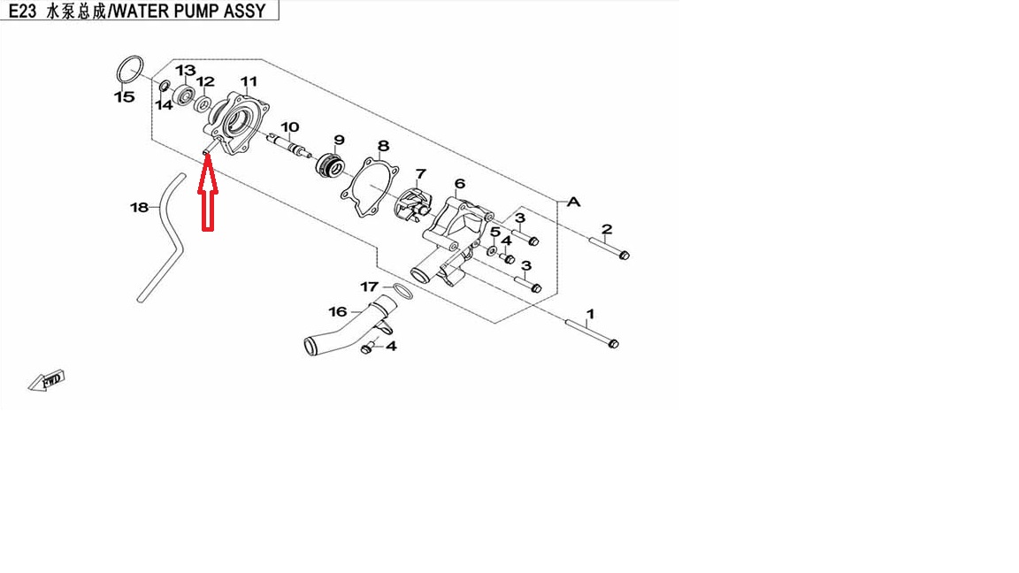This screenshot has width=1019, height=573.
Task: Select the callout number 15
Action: [x=124, y=96]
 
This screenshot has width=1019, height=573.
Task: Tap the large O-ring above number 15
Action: [x=129, y=69]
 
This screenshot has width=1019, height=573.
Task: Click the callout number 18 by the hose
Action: [x=139, y=208]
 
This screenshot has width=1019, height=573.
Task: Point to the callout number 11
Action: [x=249, y=81]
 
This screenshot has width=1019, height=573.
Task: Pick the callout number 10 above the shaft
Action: [x=289, y=127]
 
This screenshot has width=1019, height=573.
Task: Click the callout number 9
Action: [x=339, y=140]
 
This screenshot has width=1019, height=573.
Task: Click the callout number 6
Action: [x=460, y=184]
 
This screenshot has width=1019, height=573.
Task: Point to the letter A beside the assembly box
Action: [x=573, y=202]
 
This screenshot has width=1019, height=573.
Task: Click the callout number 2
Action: [x=606, y=231]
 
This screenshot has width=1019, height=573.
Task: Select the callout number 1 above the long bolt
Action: [x=590, y=314]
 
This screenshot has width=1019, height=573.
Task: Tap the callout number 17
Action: [x=369, y=286]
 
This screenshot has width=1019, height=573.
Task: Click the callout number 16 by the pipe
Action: [x=338, y=311]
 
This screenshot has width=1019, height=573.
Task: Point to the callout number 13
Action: [x=185, y=71]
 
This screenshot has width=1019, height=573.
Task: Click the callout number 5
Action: [x=495, y=232]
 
